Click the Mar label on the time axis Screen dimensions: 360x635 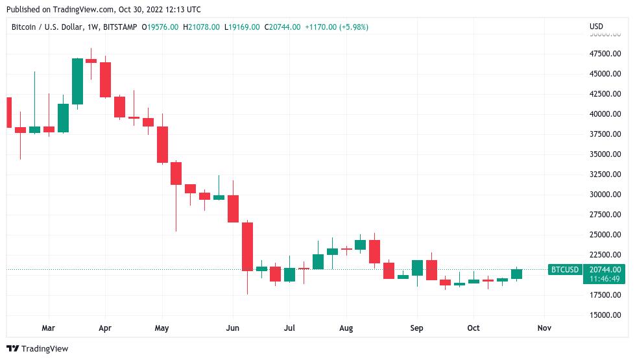[48, 328]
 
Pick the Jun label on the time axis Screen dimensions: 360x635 [233, 328]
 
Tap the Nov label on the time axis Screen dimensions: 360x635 [544, 328]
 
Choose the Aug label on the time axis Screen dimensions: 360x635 [346, 328]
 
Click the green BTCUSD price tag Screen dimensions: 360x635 [564, 270]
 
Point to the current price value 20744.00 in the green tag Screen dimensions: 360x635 [605, 270]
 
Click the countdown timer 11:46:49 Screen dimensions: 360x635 [605, 279]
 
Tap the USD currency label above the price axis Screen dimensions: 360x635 [596, 27]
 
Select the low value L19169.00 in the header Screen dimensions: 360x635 [242, 27]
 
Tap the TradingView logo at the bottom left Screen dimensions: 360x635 [37, 349]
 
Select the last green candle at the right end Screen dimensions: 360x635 [516, 274]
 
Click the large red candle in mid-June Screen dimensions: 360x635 [247, 246]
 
